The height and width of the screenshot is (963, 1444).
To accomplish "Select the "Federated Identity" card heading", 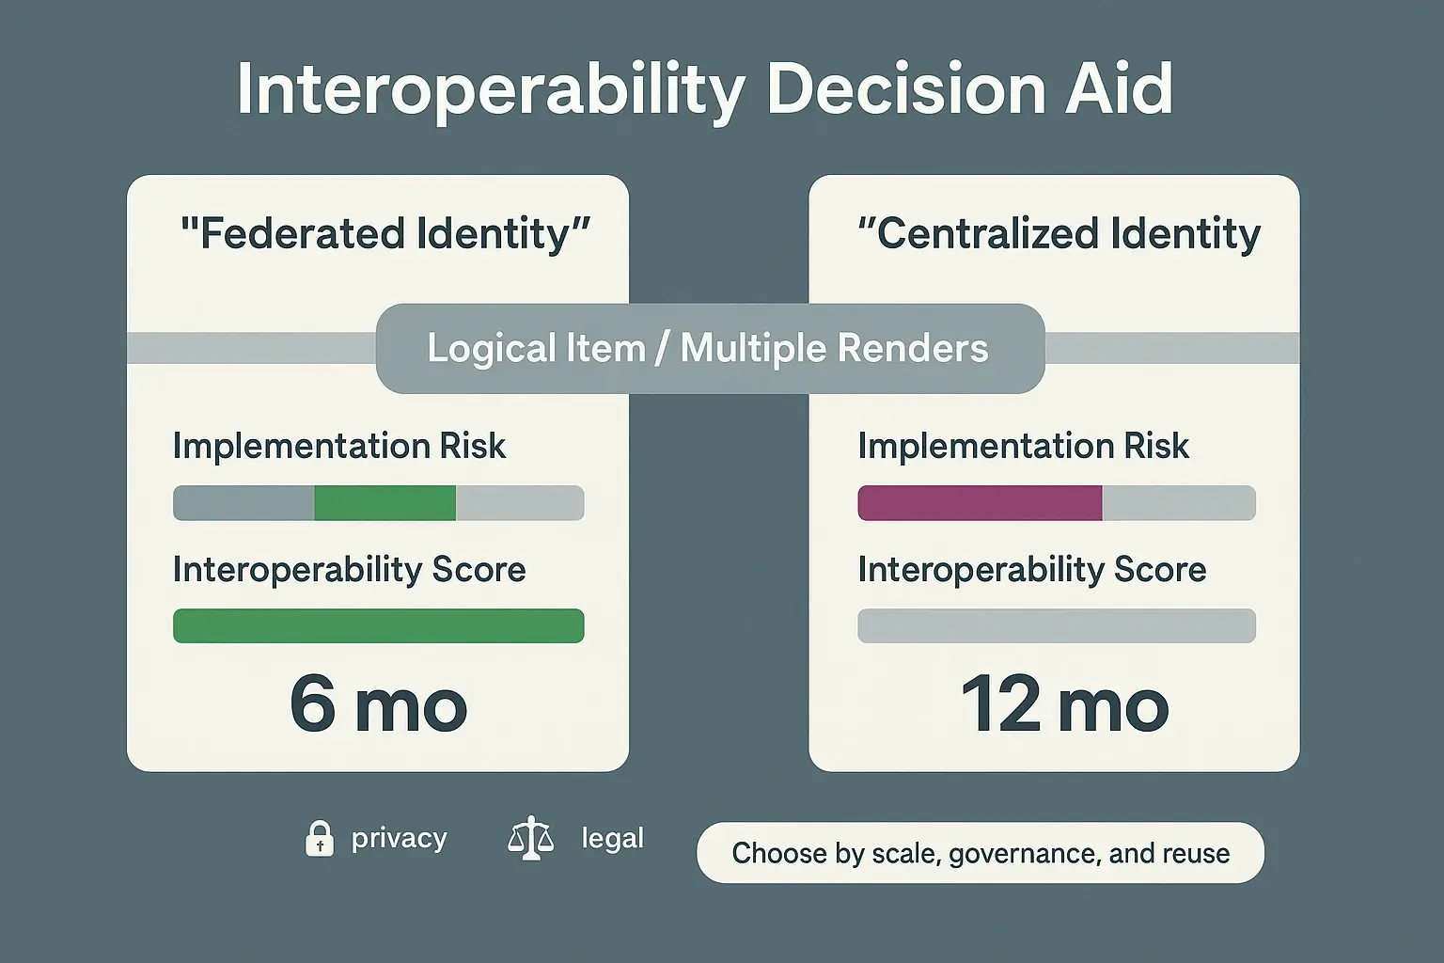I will (x=385, y=234).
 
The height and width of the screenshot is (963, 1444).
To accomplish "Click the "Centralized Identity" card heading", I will (x=1059, y=234).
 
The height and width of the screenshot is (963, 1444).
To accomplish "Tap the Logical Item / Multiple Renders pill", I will (x=709, y=348).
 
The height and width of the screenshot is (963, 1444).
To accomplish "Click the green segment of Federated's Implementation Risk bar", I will (x=385, y=503).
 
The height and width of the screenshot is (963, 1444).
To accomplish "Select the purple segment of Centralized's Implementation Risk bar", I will (x=979, y=503).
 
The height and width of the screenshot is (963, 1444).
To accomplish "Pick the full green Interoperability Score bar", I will (x=378, y=626).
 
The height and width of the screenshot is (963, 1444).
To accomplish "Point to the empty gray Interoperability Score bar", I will (x=1056, y=626).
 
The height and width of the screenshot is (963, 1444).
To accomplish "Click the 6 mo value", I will (x=378, y=705).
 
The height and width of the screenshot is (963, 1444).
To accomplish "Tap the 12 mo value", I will (x=1064, y=705).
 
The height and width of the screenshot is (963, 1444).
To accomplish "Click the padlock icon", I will (x=320, y=838).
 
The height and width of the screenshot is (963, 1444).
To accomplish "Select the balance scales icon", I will (x=530, y=838).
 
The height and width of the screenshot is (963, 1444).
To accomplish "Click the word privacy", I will (x=399, y=838).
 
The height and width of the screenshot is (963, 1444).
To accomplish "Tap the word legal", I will (x=612, y=838).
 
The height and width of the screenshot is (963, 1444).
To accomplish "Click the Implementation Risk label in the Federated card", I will (x=338, y=446).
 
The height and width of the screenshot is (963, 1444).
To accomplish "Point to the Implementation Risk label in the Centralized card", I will (x=1023, y=446).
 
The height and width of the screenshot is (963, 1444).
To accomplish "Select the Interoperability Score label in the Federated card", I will (x=349, y=570).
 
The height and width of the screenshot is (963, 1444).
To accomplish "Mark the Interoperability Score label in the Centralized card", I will (x=1031, y=570).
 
